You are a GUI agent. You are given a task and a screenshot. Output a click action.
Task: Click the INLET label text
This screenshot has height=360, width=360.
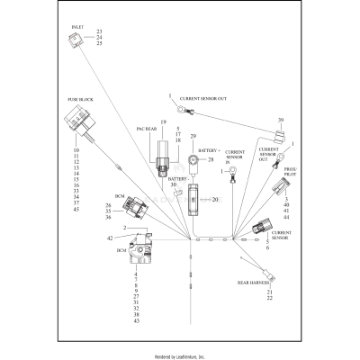point(78,28)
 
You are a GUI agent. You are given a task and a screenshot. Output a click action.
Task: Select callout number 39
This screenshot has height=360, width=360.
point(282,121)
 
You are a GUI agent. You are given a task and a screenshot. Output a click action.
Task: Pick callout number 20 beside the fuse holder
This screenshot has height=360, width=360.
point(214,199)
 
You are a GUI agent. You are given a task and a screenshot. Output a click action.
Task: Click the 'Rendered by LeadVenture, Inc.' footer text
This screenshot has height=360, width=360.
point(180,356)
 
